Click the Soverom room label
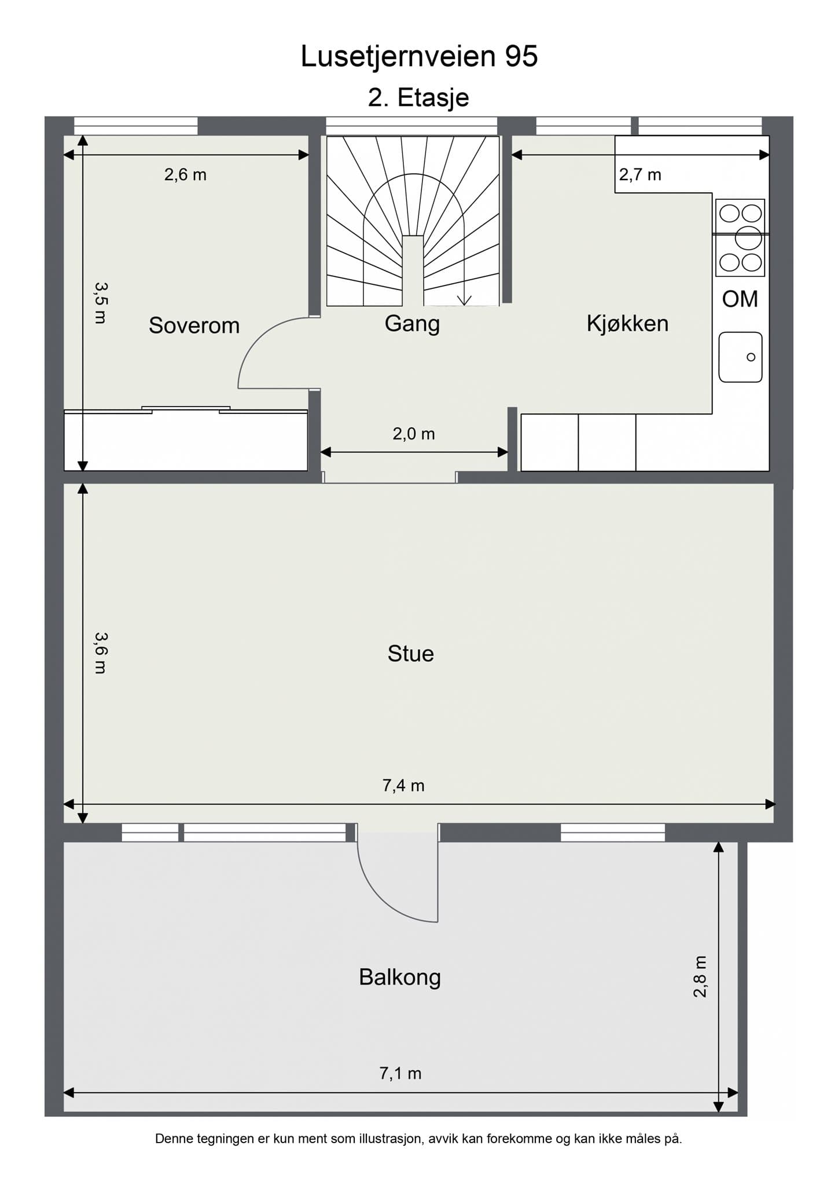click(194, 325)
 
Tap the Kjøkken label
click(627, 323)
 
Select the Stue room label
click(410, 654)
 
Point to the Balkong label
click(400, 978)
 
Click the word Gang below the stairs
click(412, 323)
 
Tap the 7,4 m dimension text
click(403, 785)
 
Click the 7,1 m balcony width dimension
click(400, 1073)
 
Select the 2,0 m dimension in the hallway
click(413, 434)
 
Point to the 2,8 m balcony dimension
click(700, 976)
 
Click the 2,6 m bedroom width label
click(185, 174)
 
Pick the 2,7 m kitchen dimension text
click(640, 174)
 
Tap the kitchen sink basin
click(740, 357)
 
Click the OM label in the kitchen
click(740, 299)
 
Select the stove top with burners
click(740, 237)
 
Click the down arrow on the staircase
click(464, 299)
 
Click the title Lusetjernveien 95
click(419, 56)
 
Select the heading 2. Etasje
click(418, 97)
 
